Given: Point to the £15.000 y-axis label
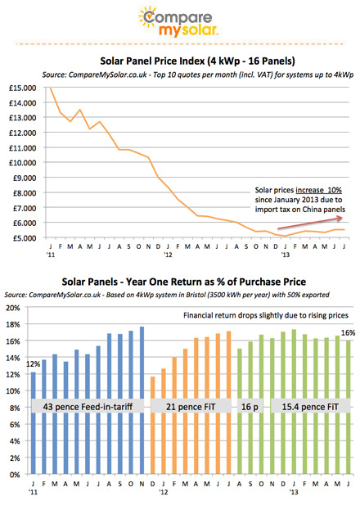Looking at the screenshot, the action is click(23, 88).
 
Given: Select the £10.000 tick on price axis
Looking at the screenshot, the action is click(23, 163).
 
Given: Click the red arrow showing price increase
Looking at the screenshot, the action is click(310, 223).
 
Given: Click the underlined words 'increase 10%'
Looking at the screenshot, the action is click(319, 190).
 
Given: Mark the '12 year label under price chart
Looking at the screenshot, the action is click(168, 255).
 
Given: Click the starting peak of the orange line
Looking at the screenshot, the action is click(51, 88).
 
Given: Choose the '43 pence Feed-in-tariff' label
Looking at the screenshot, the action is click(88, 407).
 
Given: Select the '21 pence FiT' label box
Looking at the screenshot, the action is click(191, 407).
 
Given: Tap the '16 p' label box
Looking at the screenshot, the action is click(250, 407).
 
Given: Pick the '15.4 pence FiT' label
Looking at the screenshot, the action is click(310, 407).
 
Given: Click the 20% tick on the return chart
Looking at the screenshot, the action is click(13, 308).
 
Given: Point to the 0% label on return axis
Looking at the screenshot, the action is click(15, 475).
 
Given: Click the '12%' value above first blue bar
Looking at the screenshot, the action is click(33, 364).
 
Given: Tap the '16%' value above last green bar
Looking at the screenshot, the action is click(348, 332).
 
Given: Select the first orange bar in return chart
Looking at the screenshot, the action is click(153, 425).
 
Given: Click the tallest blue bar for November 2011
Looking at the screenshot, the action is click(142, 400).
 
